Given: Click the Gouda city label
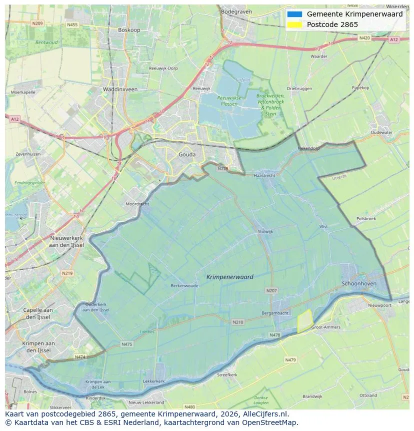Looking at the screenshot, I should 187,155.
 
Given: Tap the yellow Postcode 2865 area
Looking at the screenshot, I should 304,321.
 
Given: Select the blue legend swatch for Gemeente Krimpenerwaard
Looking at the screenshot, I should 295,15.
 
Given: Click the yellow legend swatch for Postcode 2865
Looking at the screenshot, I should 295,25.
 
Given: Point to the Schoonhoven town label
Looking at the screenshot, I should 359,283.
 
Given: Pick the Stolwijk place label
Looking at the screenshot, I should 265,232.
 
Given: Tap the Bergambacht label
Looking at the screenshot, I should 275,313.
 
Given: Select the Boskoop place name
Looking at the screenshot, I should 129,30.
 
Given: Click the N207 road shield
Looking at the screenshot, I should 271,290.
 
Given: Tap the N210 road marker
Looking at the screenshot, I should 238,322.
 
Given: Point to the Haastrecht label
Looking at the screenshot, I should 264,176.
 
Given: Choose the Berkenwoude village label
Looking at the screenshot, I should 184,286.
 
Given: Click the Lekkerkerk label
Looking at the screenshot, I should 154,381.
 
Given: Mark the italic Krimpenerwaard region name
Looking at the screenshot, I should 229,277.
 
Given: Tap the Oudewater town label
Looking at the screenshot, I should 381,133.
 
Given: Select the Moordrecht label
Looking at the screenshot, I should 137,204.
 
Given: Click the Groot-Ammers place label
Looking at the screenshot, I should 325,327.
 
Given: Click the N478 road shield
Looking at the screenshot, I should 274,335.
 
